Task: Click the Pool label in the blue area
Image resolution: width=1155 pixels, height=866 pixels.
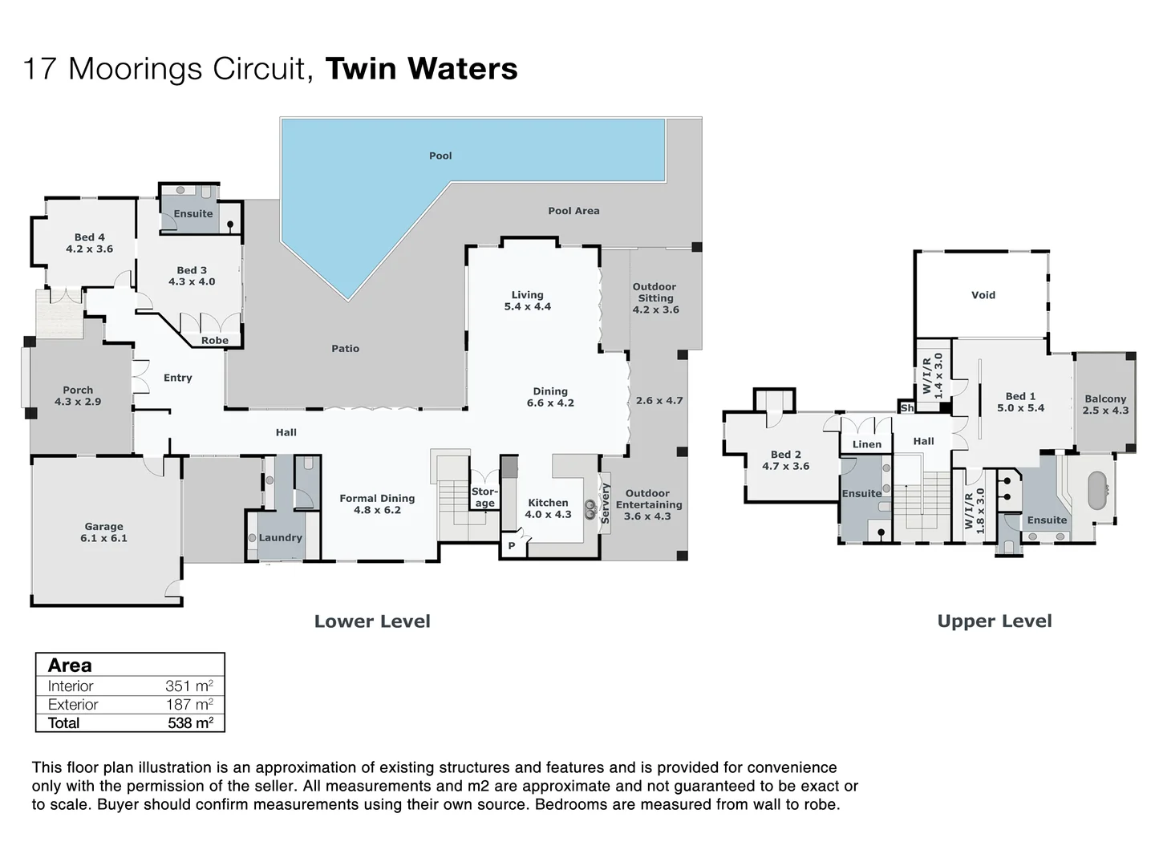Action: point(440,156)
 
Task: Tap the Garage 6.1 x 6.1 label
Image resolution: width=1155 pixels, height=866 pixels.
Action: point(103,532)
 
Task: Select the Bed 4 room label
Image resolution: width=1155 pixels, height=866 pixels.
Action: point(89,243)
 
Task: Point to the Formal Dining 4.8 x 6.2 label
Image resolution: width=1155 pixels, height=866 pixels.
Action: point(377,504)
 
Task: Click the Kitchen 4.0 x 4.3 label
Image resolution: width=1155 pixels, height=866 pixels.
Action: point(548,508)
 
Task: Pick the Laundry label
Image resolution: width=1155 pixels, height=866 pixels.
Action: point(280,538)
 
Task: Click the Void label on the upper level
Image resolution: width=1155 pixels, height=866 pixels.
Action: point(983,295)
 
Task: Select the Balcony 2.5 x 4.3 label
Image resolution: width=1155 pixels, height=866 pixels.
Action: point(1104,404)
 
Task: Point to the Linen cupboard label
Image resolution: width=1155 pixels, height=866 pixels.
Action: point(866,444)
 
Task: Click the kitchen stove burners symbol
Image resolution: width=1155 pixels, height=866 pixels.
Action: point(590,505)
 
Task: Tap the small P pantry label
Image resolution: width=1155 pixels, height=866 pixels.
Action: point(511,546)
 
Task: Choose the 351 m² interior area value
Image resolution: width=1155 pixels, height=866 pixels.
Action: point(188,686)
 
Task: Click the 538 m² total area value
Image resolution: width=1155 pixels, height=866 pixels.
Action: point(190,722)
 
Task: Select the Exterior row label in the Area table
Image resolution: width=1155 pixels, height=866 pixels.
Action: point(73,704)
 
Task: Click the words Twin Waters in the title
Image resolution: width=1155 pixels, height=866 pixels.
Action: point(421,69)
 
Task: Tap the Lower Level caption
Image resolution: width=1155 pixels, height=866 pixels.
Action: point(372,621)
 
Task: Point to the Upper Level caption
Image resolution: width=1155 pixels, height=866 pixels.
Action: point(994,621)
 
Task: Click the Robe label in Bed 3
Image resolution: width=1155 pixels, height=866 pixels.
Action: point(214,341)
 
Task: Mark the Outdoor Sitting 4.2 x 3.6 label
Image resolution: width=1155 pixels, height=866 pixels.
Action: point(654,297)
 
